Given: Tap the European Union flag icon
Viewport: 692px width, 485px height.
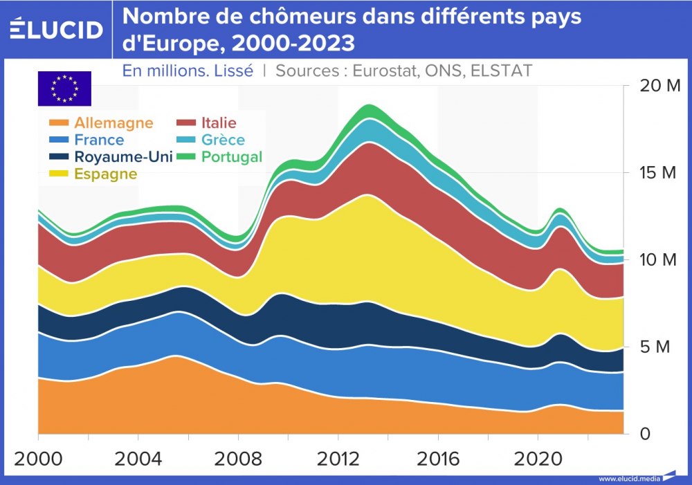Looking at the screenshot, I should [x=64, y=88].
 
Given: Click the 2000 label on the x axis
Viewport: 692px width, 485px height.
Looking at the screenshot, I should [x=38, y=459].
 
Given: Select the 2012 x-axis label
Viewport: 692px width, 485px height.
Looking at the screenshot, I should [x=338, y=459].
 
